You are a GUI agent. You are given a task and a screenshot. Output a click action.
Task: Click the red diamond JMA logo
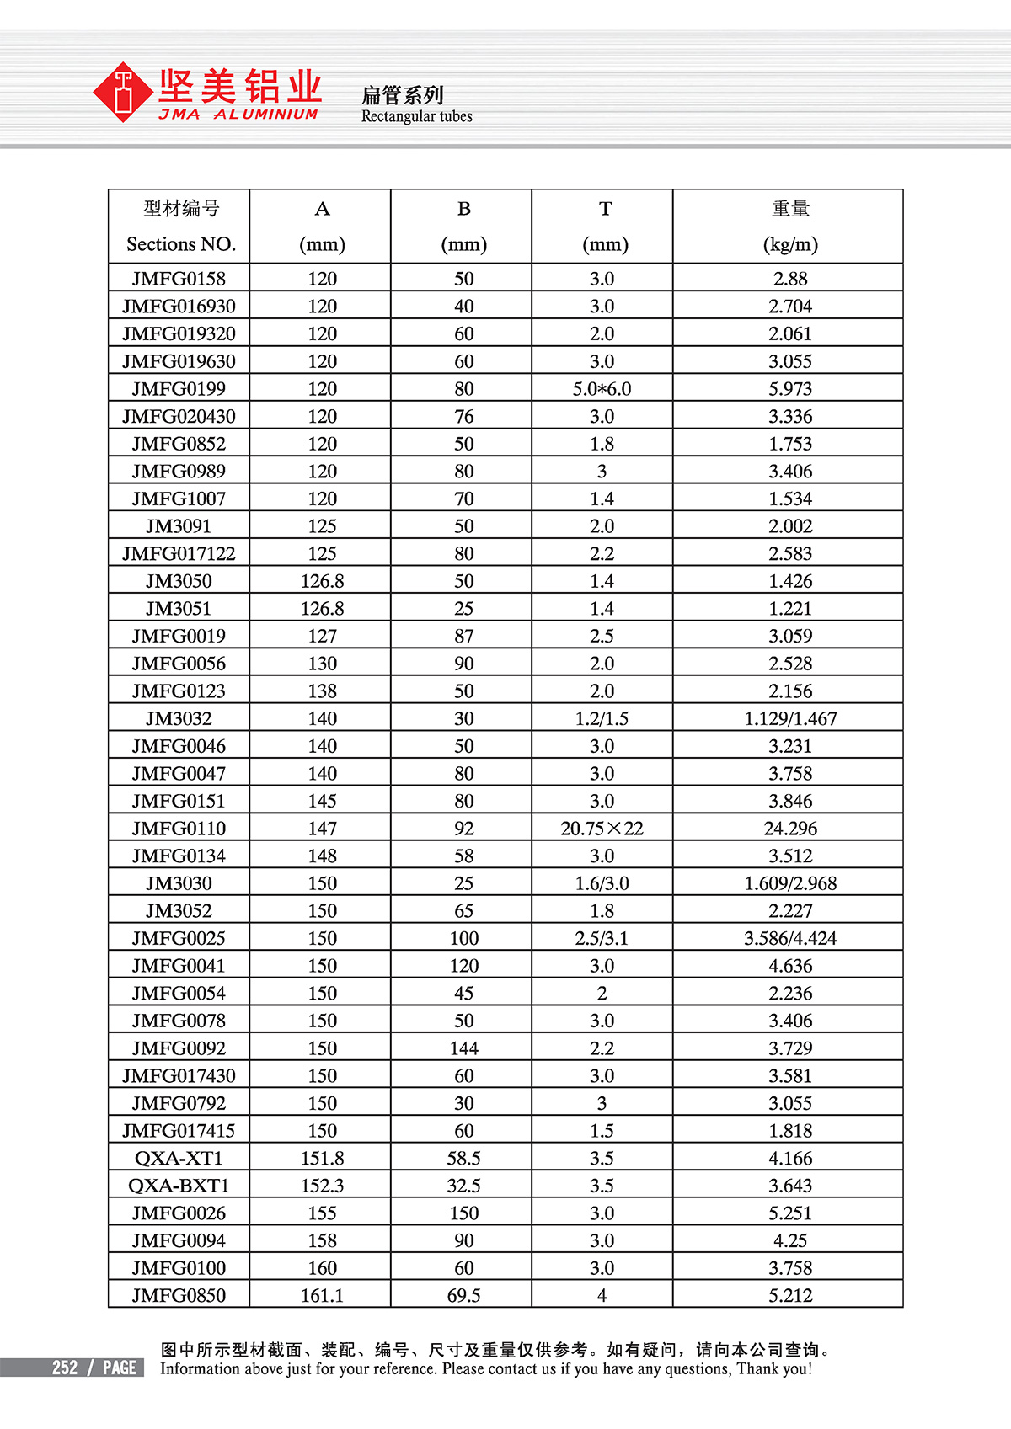pyautogui.click(x=124, y=92)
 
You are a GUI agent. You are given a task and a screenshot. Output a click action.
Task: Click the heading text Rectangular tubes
pyautogui.click(x=416, y=116)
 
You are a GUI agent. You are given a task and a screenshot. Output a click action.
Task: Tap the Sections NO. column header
pyautogui.click(x=180, y=244)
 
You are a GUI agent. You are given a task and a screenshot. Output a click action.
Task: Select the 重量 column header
pyautogui.click(x=789, y=209)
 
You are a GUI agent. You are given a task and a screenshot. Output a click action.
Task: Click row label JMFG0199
pyautogui.click(x=179, y=389)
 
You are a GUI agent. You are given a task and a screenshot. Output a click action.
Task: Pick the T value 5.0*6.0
pyautogui.click(x=602, y=389)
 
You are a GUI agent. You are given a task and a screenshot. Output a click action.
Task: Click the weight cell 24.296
pyautogui.click(x=789, y=829)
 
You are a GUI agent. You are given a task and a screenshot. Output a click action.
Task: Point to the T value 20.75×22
pyautogui.click(x=602, y=829)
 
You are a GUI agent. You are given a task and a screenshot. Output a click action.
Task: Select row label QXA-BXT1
pyautogui.click(x=179, y=1186)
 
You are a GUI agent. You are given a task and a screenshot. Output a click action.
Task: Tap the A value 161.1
pyautogui.click(x=322, y=1295)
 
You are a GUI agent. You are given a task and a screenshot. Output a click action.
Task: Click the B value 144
pyautogui.click(x=463, y=1048)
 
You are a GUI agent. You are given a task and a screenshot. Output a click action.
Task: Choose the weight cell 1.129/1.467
pyautogui.click(x=789, y=718)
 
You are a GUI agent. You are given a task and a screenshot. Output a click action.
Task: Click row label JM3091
pyautogui.click(x=179, y=526)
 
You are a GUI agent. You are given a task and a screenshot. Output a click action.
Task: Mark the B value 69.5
pyautogui.click(x=463, y=1295)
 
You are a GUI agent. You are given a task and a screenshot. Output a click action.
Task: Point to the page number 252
pyautogui.click(x=65, y=1368)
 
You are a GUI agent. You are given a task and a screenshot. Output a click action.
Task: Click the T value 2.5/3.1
pyautogui.click(x=602, y=938)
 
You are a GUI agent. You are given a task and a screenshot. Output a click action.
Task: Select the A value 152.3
pyautogui.click(x=322, y=1186)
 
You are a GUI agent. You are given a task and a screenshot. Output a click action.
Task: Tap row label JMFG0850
pyautogui.click(x=179, y=1295)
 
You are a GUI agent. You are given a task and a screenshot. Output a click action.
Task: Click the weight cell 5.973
pyautogui.click(x=789, y=389)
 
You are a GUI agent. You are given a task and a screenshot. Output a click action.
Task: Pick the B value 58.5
pyautogui.click(x=463, y=1158)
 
